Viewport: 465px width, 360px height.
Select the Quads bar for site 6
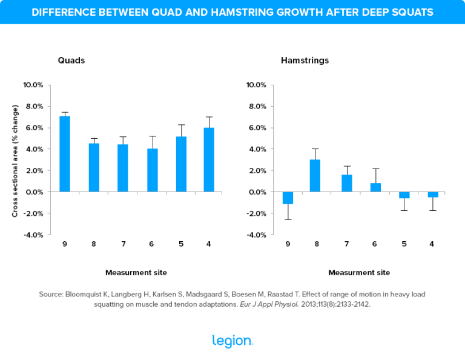click(153, 170)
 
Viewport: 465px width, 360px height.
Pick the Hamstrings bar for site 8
click(315, 176)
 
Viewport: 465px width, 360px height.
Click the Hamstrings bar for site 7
click(346, 184)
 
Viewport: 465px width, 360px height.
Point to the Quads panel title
click(71, 61)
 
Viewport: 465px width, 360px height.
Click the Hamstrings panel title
click(305, 61)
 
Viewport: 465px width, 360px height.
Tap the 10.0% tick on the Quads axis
click(33, 85)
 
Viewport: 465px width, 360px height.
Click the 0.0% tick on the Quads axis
click(34, 192)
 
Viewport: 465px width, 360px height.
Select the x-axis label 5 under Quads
click(180, 244)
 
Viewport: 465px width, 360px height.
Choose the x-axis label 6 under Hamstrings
click(375, 244)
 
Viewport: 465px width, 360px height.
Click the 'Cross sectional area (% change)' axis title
click(15, 161)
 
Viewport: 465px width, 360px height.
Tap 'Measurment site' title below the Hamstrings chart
click(359, 272)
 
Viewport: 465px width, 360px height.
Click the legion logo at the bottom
click(232, 341)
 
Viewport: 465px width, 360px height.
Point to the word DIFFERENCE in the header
click(62, 12)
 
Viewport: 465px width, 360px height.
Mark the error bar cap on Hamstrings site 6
click(375, 168)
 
